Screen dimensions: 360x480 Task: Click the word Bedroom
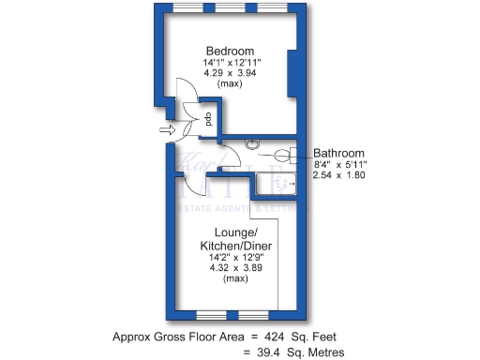coord(231,50)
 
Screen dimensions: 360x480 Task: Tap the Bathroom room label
coord(338,153)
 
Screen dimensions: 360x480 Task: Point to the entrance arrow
coord(168,131)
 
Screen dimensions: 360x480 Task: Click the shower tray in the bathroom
coord(277,184)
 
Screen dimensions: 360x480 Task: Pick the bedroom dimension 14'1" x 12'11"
coord(231,62)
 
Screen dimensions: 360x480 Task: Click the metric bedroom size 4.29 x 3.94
coord(231,73)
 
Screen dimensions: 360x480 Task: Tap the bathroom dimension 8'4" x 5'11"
coord(339,165)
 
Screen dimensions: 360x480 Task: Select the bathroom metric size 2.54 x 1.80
coord(339,176)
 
